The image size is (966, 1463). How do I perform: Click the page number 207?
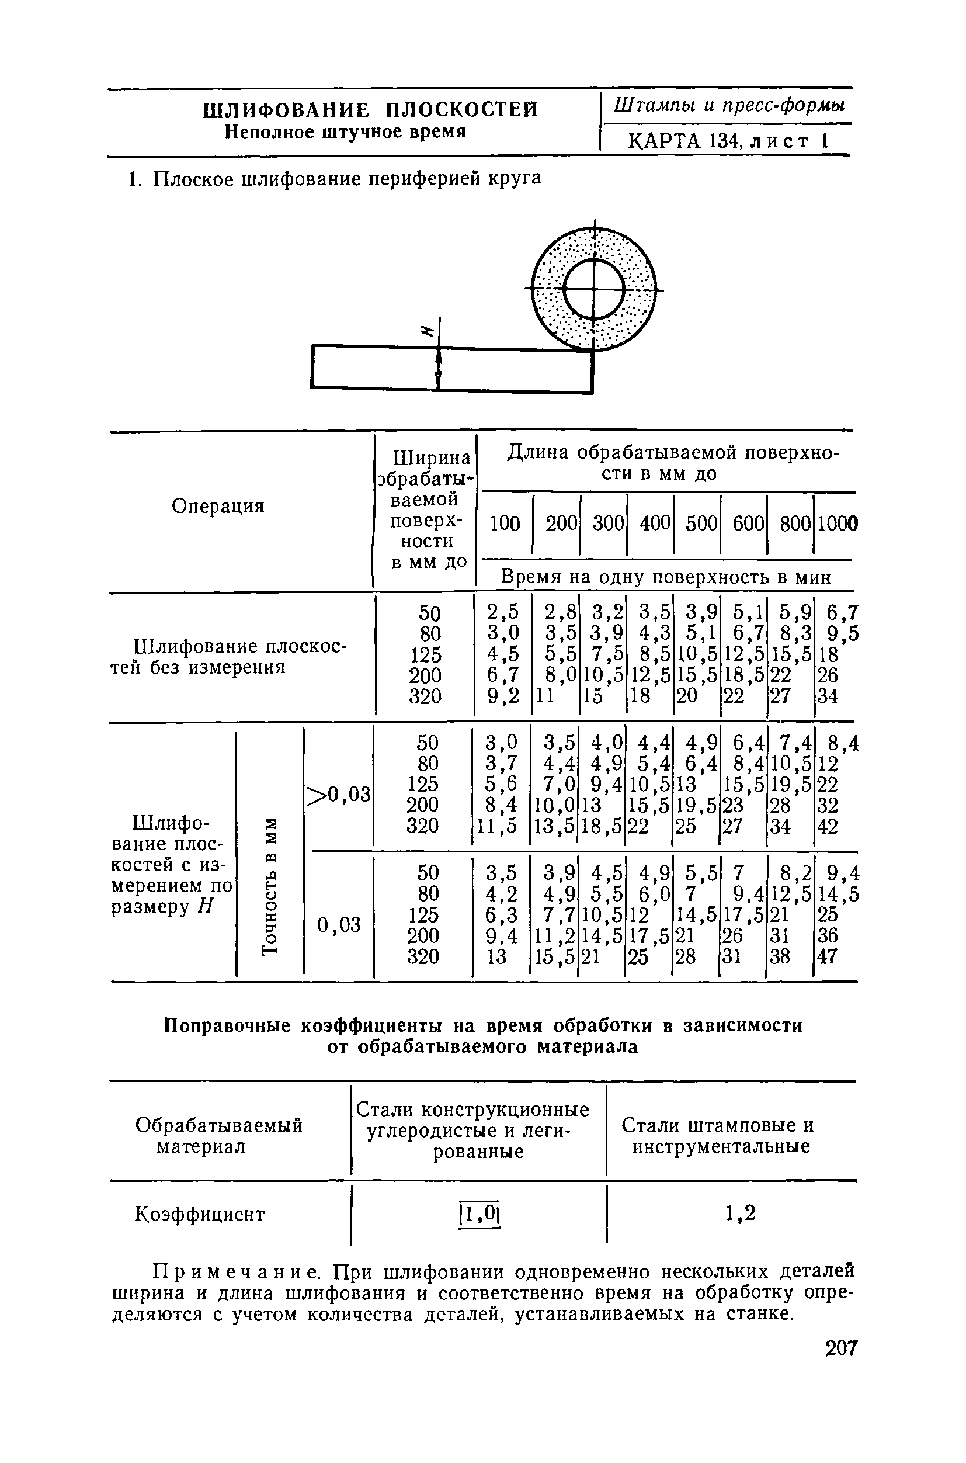tap(840, 1348)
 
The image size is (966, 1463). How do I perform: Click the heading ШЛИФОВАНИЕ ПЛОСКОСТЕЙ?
tap(370, 110)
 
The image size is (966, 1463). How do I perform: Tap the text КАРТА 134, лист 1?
tap(727, 142)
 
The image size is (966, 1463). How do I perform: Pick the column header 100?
tap(505, 524)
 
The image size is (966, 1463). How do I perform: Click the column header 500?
tap(701, 524)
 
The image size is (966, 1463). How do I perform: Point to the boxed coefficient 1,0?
tap(479, 1215)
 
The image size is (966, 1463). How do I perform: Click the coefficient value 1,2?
tap(740, 1214)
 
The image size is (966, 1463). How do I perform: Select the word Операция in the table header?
tap(218, 506)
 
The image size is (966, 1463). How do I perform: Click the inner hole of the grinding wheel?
tap(595, 289)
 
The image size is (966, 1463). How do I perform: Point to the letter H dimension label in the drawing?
tap(426, 331)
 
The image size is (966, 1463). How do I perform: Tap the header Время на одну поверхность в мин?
tap(665, 577)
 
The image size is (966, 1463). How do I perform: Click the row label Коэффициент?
tap(200, 1214)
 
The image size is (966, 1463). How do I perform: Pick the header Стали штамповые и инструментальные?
tap(718, 1136)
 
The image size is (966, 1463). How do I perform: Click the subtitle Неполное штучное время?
tap(345, 132)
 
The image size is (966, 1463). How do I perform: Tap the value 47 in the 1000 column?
tap(828, 956)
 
